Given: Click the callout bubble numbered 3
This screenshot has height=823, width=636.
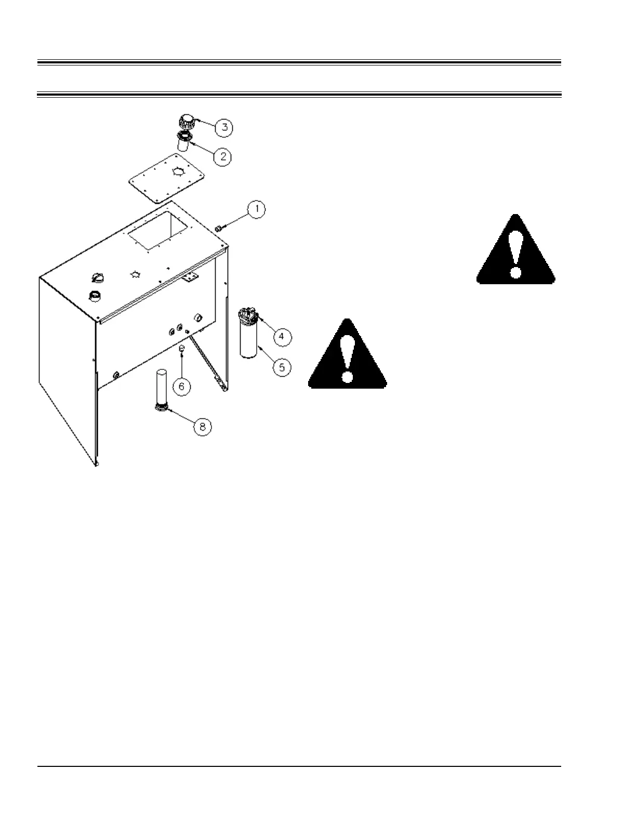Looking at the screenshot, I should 224,127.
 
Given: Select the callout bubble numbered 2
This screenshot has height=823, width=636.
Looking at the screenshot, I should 222,156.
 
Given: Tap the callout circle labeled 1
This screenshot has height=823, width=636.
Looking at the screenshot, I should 256,209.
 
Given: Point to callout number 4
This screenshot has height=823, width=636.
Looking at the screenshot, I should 281,336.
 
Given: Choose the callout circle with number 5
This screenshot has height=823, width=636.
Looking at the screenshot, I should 282,367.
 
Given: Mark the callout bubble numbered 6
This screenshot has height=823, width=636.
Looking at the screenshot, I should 181,386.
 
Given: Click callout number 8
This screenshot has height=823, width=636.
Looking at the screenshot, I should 203,427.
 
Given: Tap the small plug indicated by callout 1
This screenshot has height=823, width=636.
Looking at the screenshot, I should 219,228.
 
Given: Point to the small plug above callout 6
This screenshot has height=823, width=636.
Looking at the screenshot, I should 181,349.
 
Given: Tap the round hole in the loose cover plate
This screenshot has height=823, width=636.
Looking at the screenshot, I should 178,172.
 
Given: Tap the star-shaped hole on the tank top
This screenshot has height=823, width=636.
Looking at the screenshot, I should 136,273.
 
